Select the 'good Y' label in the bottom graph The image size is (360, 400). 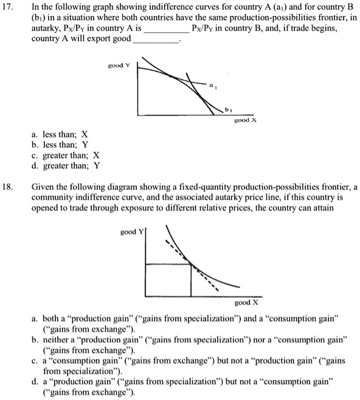pos(130,232)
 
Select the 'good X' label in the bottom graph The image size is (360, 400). pos(247,302)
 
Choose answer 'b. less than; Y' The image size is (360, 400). pos(61,145)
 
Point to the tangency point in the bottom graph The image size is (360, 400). pos(191,264)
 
